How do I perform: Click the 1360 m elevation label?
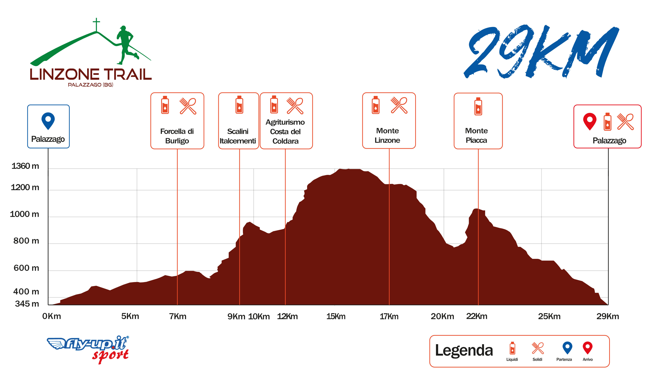tap(25, 166)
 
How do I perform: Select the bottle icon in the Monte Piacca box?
tap(478, 106)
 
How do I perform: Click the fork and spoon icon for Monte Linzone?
tap(399, 105)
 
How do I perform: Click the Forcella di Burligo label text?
tap(177, 136)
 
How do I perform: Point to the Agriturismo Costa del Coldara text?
tap(285, 132)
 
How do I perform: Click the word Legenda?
tap(464, 350)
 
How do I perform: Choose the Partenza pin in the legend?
tap(567, 348)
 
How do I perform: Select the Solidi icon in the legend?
tap(538, 348)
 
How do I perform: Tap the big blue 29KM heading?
tap(541, 52)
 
